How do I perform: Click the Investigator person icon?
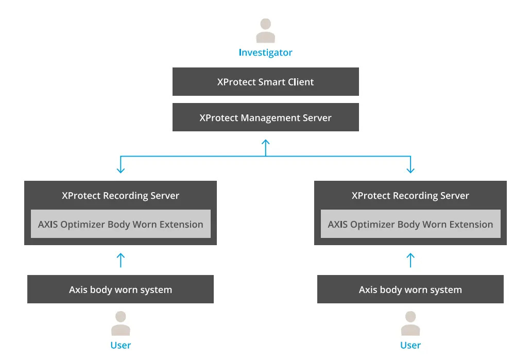(x=265, y=30)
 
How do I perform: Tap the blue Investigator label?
(x=265, y=53)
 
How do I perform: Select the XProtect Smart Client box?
(x=265, y=82)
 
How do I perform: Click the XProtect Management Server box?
(x=265, y=118)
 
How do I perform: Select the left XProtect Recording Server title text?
(x=121, y=196)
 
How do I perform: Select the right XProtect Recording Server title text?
(x=410, y=196)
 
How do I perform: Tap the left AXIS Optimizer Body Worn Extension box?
(x=121, y=224)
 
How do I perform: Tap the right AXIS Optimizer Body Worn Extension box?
(x=410, y=224)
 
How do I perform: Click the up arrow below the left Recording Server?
(x=121, y=260)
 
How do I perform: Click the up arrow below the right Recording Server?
(x=410, y=260)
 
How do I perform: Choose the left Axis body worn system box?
(x=121, y=289)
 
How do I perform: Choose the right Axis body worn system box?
(x=410, y=289)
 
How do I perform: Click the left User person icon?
(x=121, y=323)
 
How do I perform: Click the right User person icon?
(x=410, y=323)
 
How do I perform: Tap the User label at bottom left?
(x=121, y=346)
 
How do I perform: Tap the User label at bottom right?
(x=410, y=346)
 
